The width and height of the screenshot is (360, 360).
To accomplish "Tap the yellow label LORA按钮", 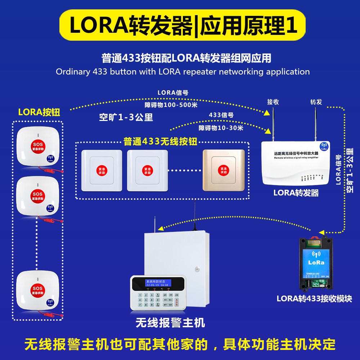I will point(39,112).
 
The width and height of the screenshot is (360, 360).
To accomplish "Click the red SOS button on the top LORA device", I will point(37,145).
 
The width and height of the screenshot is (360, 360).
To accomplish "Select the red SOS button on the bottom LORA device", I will point(37,290).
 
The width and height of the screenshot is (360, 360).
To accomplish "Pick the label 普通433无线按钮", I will point(161,141).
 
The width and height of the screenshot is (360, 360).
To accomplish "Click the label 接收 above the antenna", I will point(273,102).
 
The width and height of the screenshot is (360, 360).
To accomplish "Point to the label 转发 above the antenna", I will point(316,102).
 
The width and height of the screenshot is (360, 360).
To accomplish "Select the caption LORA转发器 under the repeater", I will point(296,193).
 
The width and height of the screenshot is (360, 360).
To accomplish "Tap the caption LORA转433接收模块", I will point(314,298).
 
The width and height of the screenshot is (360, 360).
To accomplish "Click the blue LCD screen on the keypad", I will point(157,283).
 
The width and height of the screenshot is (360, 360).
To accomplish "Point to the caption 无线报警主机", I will point(170,323).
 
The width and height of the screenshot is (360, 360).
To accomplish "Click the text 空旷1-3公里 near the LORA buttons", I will point(126,117).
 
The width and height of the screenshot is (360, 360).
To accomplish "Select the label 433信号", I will point(221,115).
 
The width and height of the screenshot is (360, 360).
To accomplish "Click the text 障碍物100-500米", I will point(171,105).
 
